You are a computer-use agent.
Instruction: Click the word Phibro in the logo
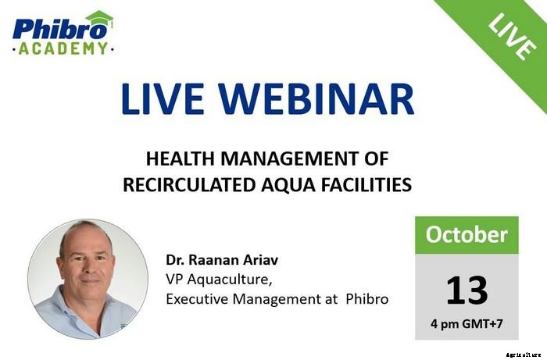point(48,30)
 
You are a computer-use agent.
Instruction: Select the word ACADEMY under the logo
point(63,48)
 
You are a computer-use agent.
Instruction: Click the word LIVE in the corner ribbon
point(510,36)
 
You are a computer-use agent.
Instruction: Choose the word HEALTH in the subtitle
point(179,159)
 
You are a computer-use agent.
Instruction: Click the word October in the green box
point(466,234)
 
